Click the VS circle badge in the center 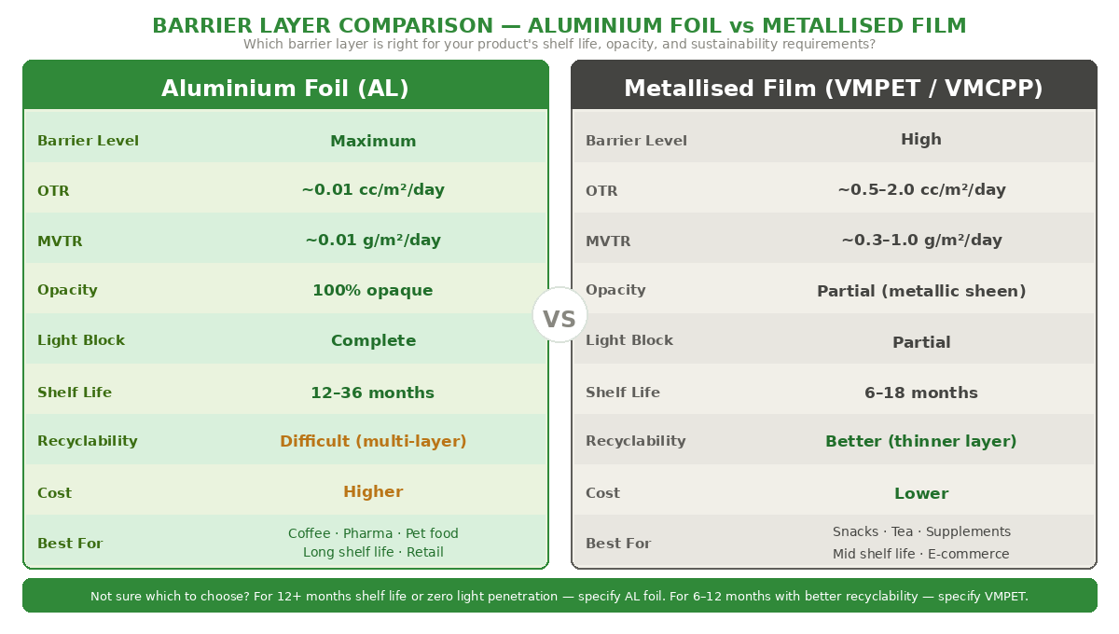pyautogui.click(x=559, y=315)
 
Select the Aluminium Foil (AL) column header pyautogui.click(x=285, y=88)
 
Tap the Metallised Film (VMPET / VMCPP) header pyautogui.click(x=833, y=88)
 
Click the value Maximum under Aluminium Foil pyautogui.click(x=373, y=141)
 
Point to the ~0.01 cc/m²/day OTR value pyautogui.click(x=373, y=190)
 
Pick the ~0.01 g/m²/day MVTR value pyautogui.click(x=373, y=240)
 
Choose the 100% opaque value pyautogui.click(x=373, y=290)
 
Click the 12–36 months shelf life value pyautogui.click(x=373, y=393)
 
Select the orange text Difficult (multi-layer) pyautogui.click(x=373, y=441)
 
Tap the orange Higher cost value pyautogui.click(x=373, y=491)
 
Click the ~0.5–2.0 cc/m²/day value pyautogui.click(x=921, y=190)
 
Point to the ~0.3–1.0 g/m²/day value pyautogui.click(x=921, y=240)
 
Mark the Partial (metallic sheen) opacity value pyautogui.click(x=921, y=291)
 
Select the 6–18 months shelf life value pyautogui.click(x=921, y=393)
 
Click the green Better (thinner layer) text pyautogui.click(x=921, y=441)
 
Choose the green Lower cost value pyautogui.click(x=921, y=493)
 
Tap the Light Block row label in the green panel pyautogui.click(x=81, y=340)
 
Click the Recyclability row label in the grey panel pyautogui.click(x=635, y=441)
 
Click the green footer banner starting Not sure pyautogui.click(x=559, y=596)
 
